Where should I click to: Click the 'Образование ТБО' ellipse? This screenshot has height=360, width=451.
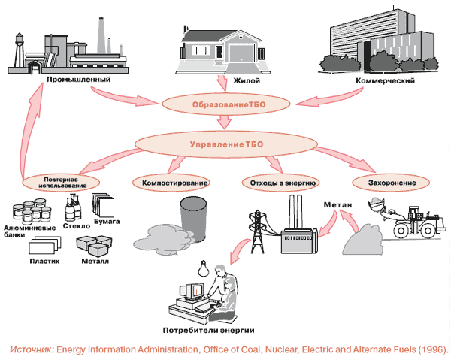225,104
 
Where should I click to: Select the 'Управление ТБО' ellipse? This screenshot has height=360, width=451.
226,144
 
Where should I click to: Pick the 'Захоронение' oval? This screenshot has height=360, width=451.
392,183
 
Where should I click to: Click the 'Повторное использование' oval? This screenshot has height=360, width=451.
61,183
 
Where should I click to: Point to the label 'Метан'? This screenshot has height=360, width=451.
337,204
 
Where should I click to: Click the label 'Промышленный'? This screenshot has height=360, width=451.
78,80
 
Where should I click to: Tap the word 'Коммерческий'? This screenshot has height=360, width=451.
385,80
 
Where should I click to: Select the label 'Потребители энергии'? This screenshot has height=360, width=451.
208,331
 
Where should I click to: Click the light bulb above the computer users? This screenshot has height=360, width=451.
204,268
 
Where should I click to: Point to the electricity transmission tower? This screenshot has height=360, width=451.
257,231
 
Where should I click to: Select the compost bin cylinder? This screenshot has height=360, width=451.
193,219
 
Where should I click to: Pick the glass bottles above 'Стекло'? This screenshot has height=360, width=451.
73,208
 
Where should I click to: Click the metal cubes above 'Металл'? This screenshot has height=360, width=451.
95,247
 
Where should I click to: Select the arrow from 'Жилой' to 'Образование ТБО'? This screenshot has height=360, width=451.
224,84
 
